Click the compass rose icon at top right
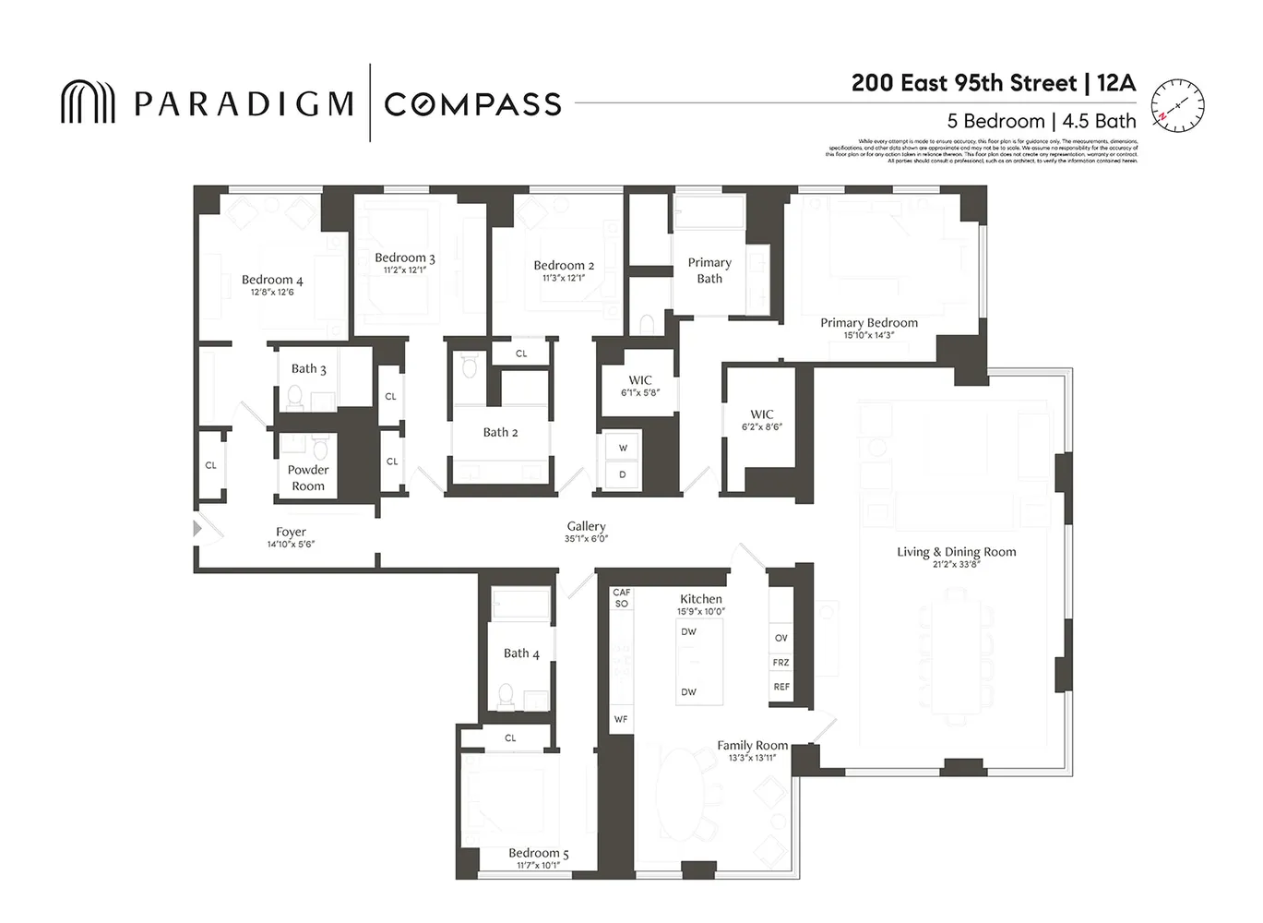pyautogui.click(x=1178, y=105)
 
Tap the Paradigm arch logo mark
pyautogui.click(x=88, y=102)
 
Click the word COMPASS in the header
pyautogui.click(x=472, y=104)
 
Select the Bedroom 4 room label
pyautogui.click(x=272, y=280)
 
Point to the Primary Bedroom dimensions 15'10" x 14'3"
pyautogui.click(x=868, y=335)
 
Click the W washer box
pyautogui.click(x=623, y=449)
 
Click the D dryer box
pyautogui.click(x=623, y=474)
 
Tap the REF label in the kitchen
pyautogui.click(x=781, y=687)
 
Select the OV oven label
pyautogui.click(x=781, y=639)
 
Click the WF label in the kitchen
pyautogui.click(x=621, y=719)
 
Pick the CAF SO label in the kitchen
pyautogui.click(x=621, y=598)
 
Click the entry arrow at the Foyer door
pyautogui.click(x=197, y=529)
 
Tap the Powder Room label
pyautogui.click(x=308, y=478)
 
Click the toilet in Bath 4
pyautogui.click(x=506, y=694)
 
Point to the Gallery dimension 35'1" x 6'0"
pyautogui.click(x=586, y=539)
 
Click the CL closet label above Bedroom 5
pyautogui.click(x=510, y=738)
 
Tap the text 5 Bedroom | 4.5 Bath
pyautogui.click(x=1042, y=121)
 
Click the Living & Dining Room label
pyautogui.click(x=956, y=552)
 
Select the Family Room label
pyautogui.click(x=752, y=746)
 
